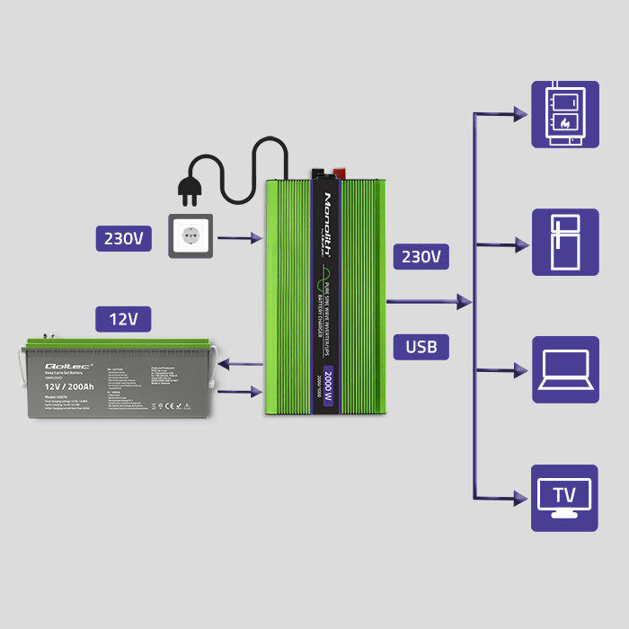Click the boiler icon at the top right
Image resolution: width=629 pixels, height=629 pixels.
coord(564,114)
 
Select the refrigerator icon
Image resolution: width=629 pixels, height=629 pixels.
coord(564,243)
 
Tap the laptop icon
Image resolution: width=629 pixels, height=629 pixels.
coord(564,369)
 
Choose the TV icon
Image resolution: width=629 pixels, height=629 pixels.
coord(564,498)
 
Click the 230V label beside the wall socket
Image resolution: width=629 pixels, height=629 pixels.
coord(123,238)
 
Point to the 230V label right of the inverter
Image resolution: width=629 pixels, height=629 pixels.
coord(421,257)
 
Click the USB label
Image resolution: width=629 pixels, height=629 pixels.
coord(421,347)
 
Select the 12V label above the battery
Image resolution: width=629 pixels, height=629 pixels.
coord(123,319)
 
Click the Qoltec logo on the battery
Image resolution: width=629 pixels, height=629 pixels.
coord(63,367)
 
